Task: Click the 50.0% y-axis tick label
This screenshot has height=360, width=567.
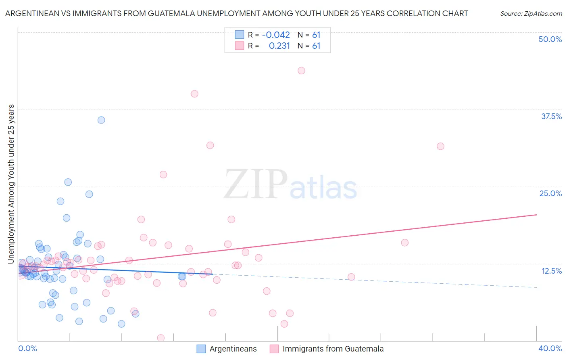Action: pyautogui.click(x=550, y=39)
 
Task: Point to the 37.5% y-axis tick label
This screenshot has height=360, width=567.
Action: pyautogui.click(x=551, y=116)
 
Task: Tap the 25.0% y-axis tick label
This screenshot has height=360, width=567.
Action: pyautogui.click(x=550, y=193)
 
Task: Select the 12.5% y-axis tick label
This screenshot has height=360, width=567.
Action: pyautogui.click(x=551, y=271)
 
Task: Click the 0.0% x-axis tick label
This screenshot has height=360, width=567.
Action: pyautogui.click(x=27, y=348)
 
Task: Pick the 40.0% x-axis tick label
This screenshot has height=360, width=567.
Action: pyautogui.click(x=550, y=348)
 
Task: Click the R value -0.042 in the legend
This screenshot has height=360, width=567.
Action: pyautogui.click(x=276, y=35)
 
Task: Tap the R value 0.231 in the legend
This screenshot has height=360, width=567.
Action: pyautogui.click(x=279, y=46)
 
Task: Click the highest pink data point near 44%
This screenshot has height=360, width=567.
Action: pyautogui.click(x=301, y=71)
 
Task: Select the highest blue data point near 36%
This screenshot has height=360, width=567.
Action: pyautogui.click(x=101, y=120)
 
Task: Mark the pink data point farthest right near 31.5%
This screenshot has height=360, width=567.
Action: pyautogui.click(x=440, y=146)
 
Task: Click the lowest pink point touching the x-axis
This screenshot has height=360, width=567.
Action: pyautogui.click(x=161, y=338)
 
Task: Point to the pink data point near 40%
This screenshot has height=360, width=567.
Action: pyautogui.click(x=194, y=94)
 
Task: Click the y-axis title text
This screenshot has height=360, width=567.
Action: pyautogui.click(x=11, y=184)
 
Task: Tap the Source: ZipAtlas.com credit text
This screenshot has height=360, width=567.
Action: pyautogui.click(x=531, y=13)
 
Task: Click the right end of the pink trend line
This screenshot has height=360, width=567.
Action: pyautogui.click(x=536, y=215)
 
